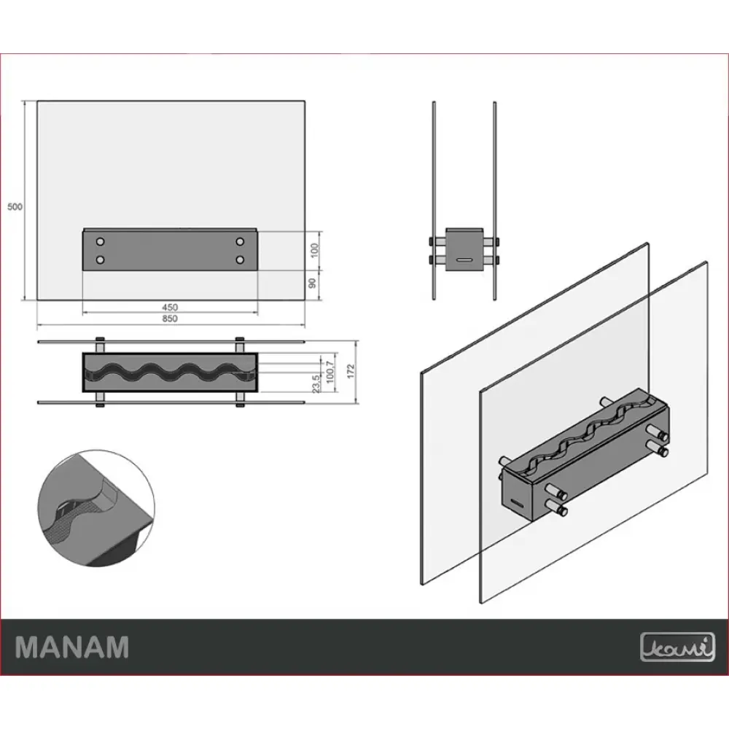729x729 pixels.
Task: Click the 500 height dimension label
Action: (15, 206)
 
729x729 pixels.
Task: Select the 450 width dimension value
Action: (170, 308)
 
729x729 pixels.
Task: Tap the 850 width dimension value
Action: (170, 319)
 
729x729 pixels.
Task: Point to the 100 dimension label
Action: (315, 250)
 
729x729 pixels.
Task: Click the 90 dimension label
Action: (313, 283)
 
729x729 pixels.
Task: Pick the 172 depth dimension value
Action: (351, 370)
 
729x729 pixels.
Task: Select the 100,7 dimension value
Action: (330, 372)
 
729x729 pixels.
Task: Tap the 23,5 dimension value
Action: (316, 384)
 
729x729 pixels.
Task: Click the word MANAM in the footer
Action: (72, 647)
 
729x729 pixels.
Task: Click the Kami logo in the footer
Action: (677, 647)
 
